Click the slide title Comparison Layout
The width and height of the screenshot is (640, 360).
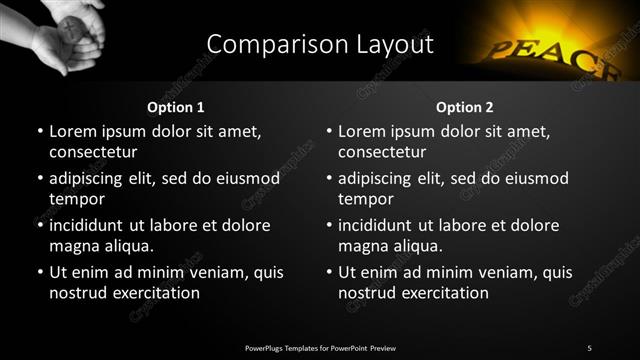click(320, 45)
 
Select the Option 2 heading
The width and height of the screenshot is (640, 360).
click(465, 107)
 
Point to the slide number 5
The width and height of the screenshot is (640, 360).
click(589, 347)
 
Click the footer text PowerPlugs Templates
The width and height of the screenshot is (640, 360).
click(320, 347)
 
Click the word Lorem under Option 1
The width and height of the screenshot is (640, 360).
click(73, 131)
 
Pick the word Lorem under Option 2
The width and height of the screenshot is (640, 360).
click(362, 131)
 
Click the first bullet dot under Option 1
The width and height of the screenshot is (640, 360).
click(39, 132)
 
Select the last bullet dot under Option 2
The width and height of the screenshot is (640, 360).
click(328, 273)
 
